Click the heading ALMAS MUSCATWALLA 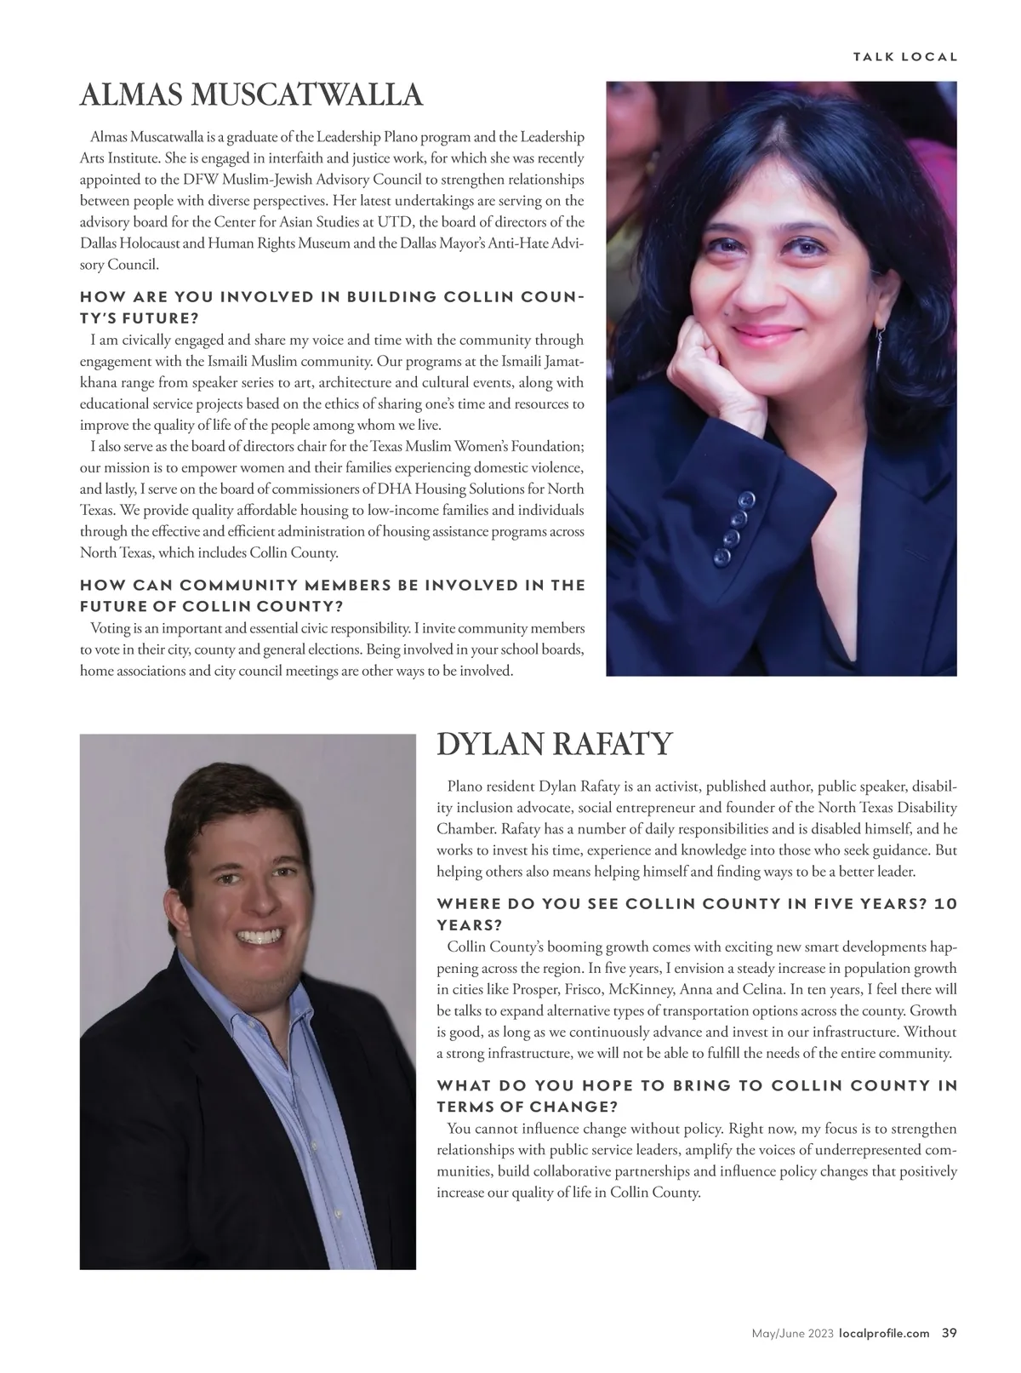(251, 95)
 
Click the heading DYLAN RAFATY (554, 744)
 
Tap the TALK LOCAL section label (905, 57)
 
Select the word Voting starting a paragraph (110, 628)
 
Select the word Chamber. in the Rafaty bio (465, 828)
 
